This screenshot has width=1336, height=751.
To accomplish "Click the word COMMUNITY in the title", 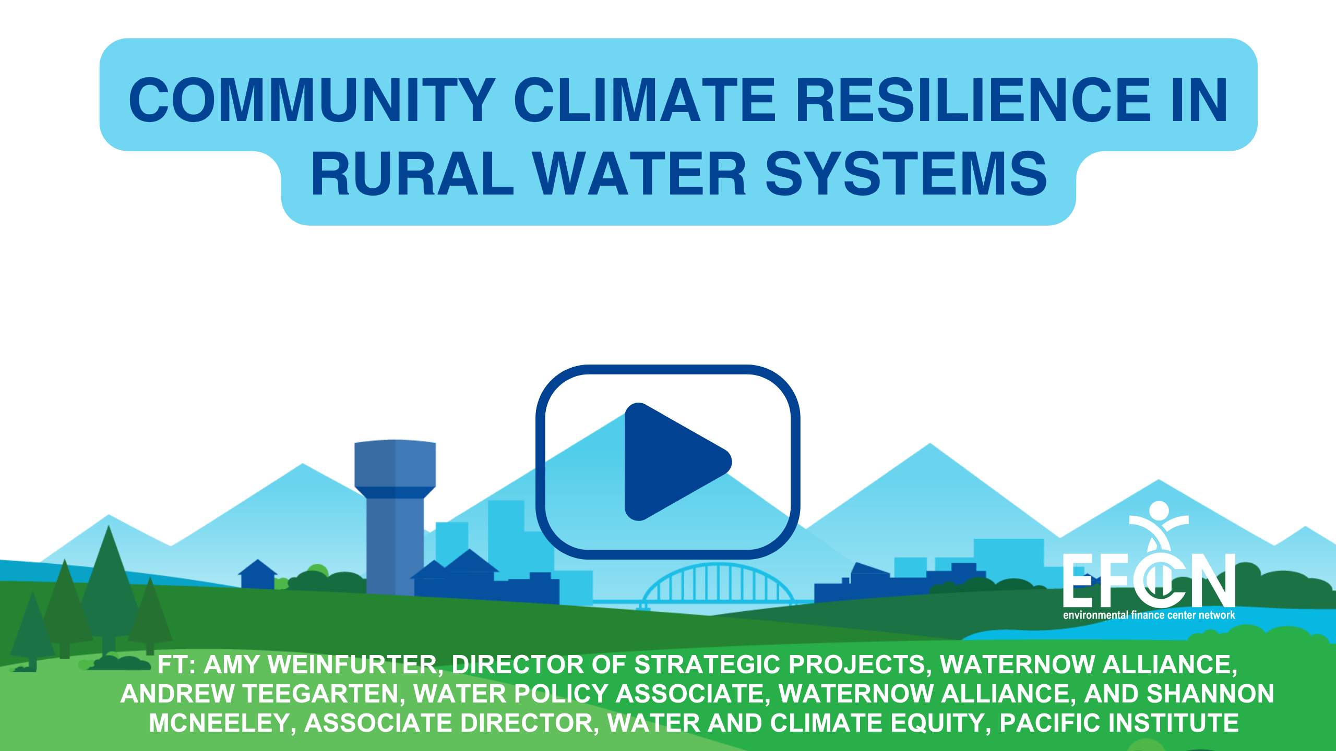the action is tap(312, 100).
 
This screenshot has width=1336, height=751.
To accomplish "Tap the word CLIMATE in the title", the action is tap(645, 100).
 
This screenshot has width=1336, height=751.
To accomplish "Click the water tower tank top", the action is tap(395, 464).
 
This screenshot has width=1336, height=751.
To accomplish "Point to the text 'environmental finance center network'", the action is tap(1149, 615).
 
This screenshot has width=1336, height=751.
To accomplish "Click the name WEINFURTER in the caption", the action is tap(352, 665).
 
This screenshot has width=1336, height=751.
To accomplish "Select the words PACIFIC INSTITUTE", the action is tap(1119, 723).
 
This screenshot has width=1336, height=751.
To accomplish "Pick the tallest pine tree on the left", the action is tap(109, 589).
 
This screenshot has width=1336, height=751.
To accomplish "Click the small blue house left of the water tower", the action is tap(257, 575).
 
